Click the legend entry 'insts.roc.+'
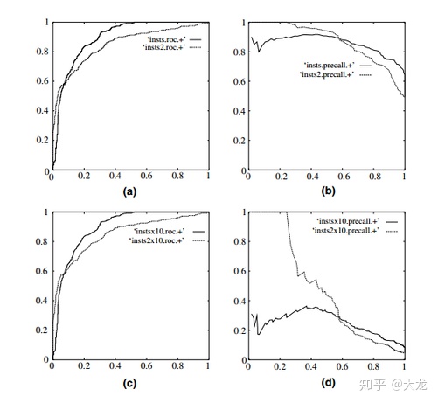(166, 39)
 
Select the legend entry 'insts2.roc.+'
(163, 47)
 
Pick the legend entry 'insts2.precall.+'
(327, 74)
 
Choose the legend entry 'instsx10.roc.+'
(159, 232)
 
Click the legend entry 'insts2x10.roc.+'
(156, 240)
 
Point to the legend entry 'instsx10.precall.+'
(348, 221)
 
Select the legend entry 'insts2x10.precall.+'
(345, 231)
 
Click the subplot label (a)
(129, 191)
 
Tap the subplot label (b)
(328, 191)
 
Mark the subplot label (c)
(129, 384)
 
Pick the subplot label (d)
(328, 382)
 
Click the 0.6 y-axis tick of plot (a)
(43, 81)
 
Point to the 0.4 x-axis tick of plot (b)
(312, 177)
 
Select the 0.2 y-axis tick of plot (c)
(42, 330)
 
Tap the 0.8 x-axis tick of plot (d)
(373, 366)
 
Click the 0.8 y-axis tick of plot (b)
(240, 52)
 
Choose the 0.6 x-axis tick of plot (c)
(146, 365)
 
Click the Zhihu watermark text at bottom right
(393, 385)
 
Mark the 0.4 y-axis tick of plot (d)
(240, 301)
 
